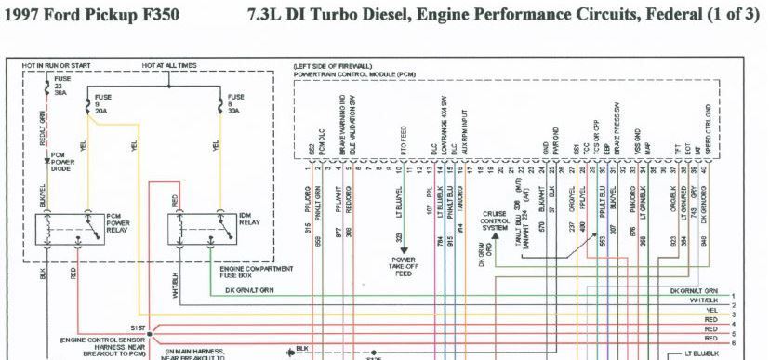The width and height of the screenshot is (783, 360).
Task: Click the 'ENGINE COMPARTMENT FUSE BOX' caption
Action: pos(251,272)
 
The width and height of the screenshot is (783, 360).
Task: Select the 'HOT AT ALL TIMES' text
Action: pos(170,67)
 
